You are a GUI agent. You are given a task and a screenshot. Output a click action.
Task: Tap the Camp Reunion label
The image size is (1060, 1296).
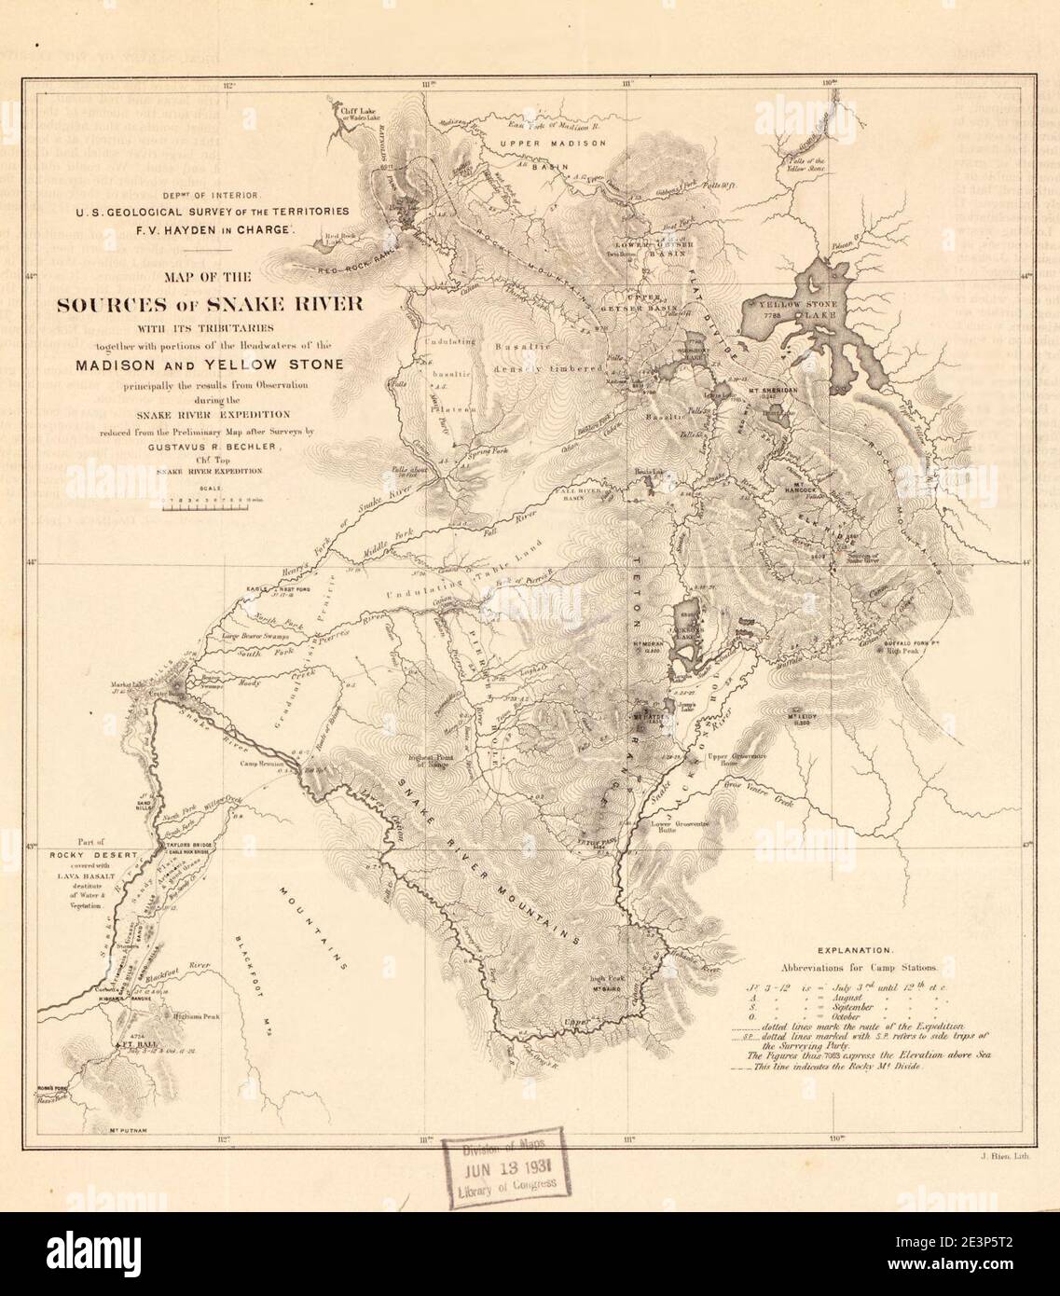(262, 762)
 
